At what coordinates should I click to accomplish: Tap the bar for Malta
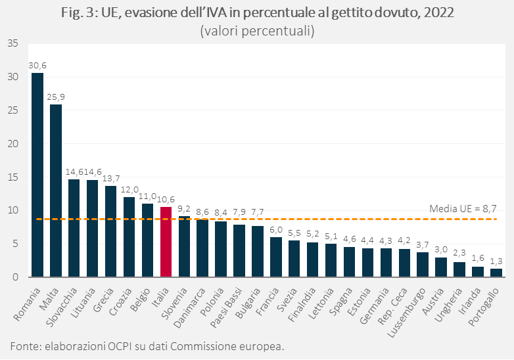[56, 191]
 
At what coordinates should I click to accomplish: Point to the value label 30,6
[37, 65]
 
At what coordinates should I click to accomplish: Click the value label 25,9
[56, 97]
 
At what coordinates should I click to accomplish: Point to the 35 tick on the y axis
[14, 44]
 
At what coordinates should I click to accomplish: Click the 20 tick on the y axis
[14, 144]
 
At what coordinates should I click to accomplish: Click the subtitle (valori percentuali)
[256, 31]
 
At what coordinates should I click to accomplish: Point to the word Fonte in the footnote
[24, 346]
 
